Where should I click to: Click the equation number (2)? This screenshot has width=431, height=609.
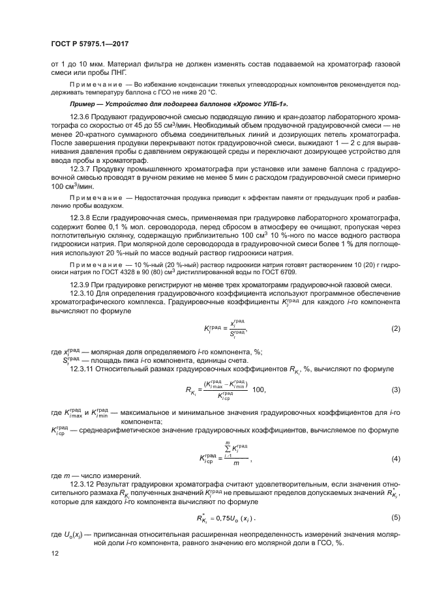coord(394,329)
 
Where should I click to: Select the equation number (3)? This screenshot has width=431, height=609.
coord(394,389)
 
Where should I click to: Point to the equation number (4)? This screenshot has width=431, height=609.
coord(394,459)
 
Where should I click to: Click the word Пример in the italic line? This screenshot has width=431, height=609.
coord(82,104)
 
